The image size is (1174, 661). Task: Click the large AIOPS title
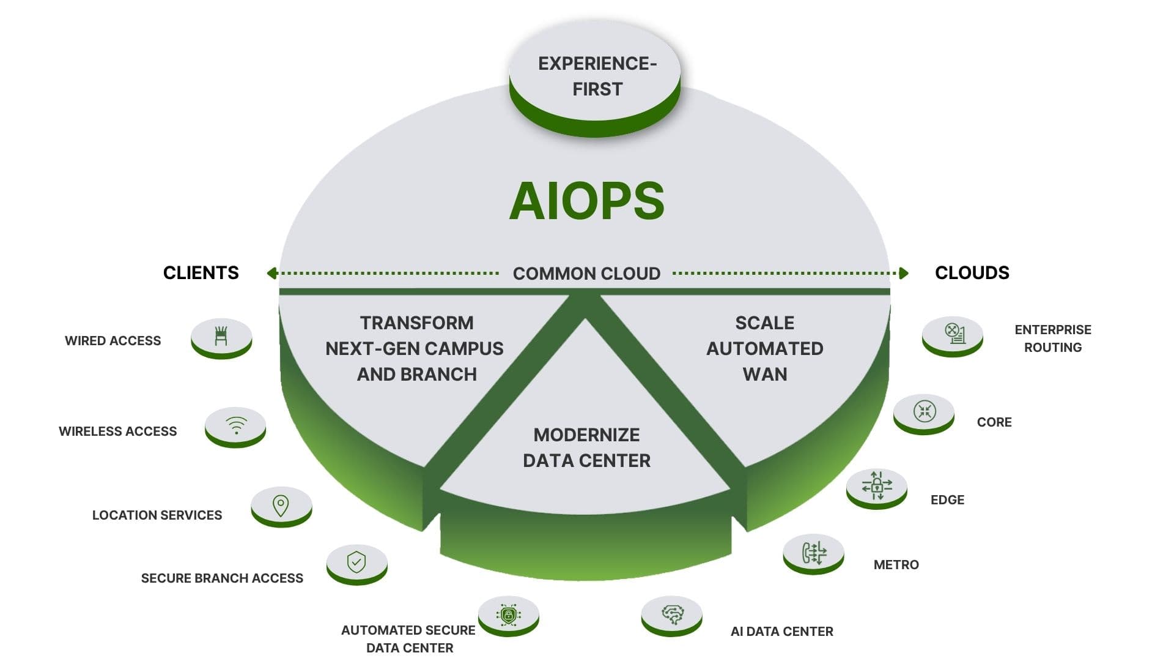tap(586, 201)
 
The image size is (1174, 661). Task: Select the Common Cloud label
tap(586, 274)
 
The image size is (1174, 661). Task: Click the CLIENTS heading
tap(201, 273)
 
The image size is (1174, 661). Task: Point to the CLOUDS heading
tap(972, 273)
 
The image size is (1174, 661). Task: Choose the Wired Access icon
tap(221, 336)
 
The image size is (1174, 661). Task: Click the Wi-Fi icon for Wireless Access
tap(235, 425)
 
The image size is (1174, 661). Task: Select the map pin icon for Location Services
tap(281, 505)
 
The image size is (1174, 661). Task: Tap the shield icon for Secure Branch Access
tap(356, 562)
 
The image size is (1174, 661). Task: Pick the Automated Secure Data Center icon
tap(508, 614)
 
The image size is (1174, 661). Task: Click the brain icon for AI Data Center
tap(672, 614)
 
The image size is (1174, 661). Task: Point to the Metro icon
tap(813, 553)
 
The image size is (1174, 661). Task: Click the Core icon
tap(924, 411)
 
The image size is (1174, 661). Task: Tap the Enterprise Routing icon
tap(953, 334)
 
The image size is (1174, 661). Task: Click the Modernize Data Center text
tap(586, 448)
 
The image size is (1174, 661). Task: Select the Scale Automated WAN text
tap(764, 348)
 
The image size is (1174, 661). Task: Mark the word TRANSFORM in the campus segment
tap(416, 323)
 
